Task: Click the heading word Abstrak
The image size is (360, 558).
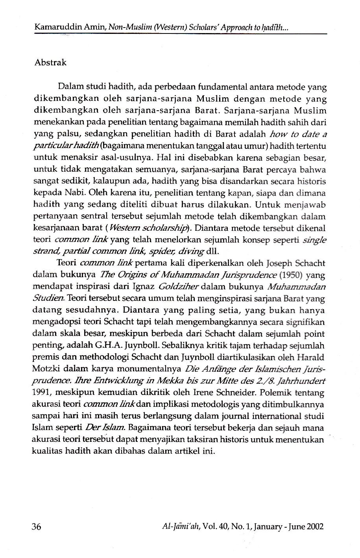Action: (50, 63)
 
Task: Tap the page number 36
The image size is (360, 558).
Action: (37, 526)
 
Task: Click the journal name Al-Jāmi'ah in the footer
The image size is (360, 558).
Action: (181, 526)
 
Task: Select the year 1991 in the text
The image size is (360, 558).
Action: (41, 393)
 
